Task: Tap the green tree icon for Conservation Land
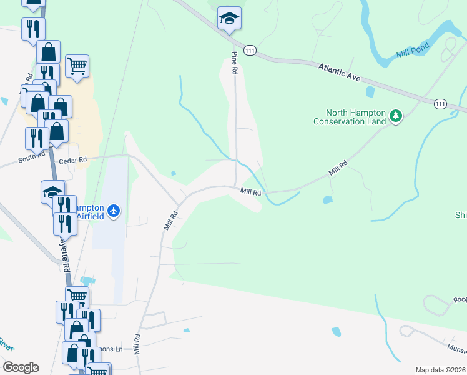coord(395,116)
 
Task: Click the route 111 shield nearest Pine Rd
coord(250,51)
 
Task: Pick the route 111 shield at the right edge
coord(440,104)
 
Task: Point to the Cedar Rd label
coord(71,161)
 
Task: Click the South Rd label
coord(31,157)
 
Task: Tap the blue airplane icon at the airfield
coord(114,211)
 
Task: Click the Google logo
coord(21,367)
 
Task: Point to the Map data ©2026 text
coord(440,370)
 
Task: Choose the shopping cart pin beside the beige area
coord(77,66)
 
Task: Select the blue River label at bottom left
coord(6,344)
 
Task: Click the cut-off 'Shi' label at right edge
coord(461,215)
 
